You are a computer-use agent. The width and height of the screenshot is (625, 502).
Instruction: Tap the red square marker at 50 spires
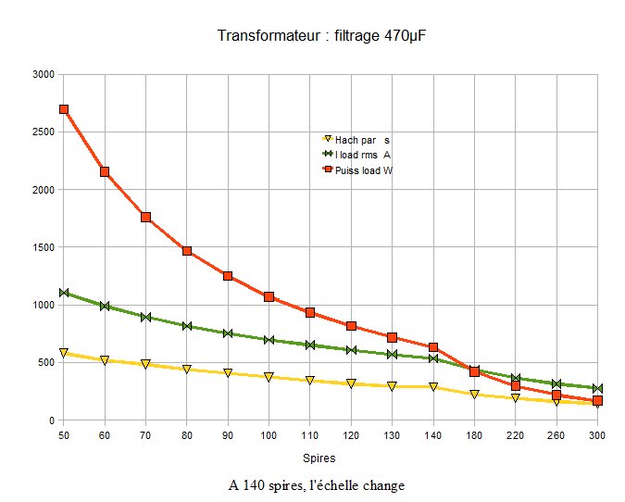[x=64, y=109]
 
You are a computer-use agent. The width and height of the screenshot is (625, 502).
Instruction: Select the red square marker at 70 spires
[x=145, y=217]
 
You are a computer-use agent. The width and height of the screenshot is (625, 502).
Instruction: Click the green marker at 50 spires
[x=64, y=293]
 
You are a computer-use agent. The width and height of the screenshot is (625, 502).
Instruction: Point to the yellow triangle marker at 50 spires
[x=64, y=353]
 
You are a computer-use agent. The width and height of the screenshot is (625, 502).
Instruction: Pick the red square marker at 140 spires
[x=432, y=347]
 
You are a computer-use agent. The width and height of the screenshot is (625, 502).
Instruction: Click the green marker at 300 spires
[x=597, y=388]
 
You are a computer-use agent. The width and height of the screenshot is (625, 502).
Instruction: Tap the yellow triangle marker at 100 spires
[x=269, y=377]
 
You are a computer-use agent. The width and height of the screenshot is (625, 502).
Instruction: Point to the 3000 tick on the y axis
[x=43, y=74]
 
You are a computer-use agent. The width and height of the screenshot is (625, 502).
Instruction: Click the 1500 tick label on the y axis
[x=43, y=247]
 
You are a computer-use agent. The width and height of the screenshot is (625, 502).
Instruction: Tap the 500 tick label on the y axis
[x=45, y=362]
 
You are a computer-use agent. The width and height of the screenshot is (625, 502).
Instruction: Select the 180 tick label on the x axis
[x=474, y=434]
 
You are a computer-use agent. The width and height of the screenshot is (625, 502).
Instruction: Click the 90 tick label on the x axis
[x=228, y=434]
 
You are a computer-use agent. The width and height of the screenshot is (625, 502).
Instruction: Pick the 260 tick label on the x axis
[x=556, y=434]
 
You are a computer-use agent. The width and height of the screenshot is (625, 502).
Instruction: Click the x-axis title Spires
[x=319, y=458]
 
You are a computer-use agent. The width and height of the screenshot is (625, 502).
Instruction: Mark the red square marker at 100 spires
[x=269, y=297]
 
